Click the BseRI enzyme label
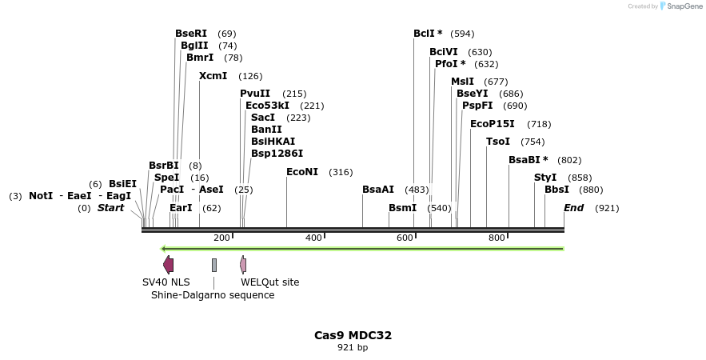click(190, 34)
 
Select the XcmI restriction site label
click(213, 76)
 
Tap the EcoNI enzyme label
click(302, 172)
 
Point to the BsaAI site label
click(378, 190)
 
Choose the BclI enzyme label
click(428, 34)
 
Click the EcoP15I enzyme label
click(493, 124)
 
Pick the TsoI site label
click(497, 142)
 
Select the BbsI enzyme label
click(556, 190)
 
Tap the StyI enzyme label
click(545, 177)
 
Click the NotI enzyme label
click(41, 196)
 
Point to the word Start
click(111, 208)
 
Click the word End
click(574, 208)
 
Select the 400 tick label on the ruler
click(313, 238)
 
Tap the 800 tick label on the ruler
click(497, 238)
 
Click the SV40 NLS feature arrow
click(168, 265)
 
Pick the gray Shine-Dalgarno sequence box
click(214, 265)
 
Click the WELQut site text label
click(269, 282)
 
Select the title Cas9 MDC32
click(353, 335)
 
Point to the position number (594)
click(462, 34)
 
